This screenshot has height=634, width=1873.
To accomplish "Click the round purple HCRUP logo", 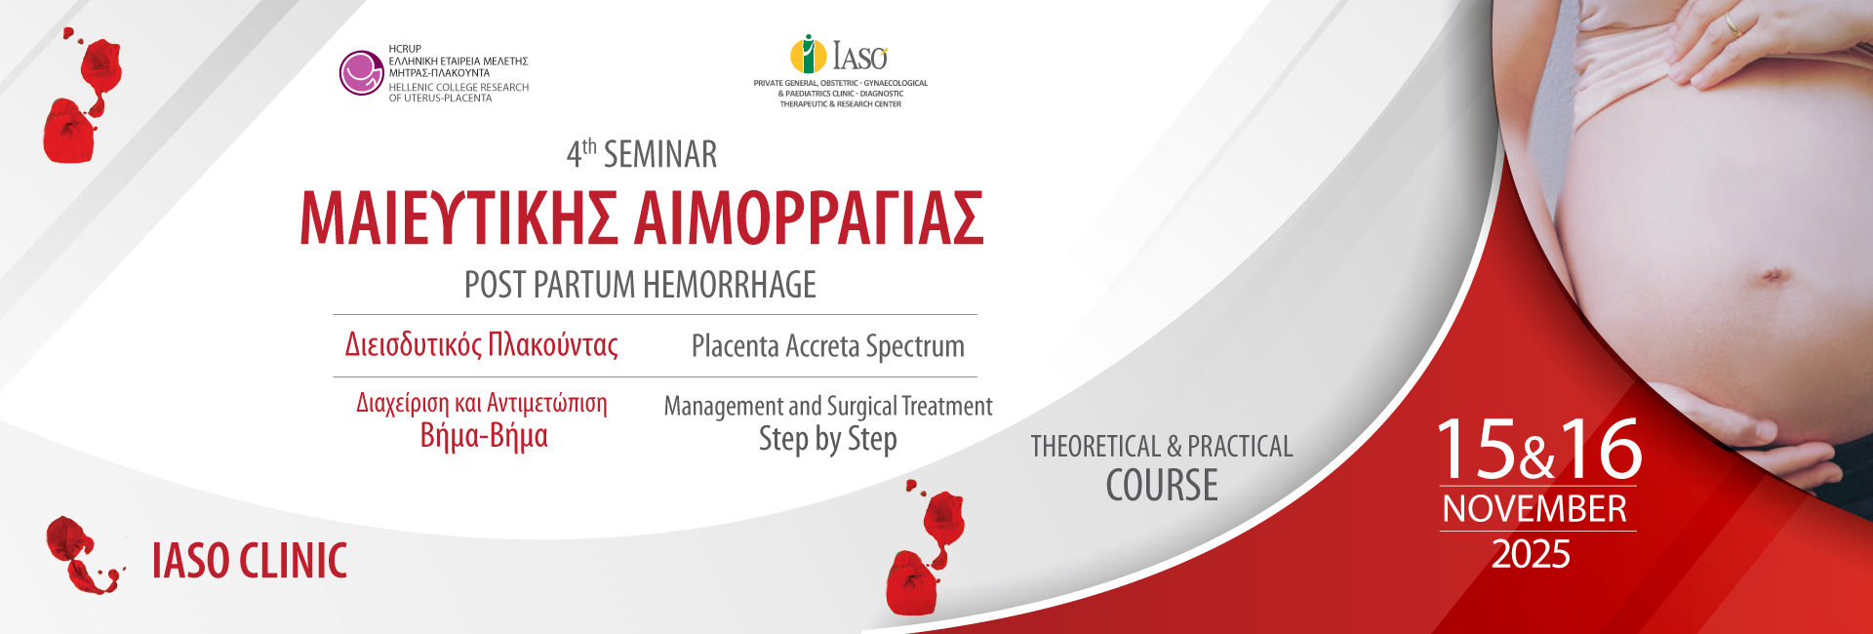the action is click(x=361, y=73).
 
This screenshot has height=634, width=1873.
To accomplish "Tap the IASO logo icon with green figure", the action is click(x=808, y=55).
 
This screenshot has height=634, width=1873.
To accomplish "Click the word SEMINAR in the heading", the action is click(x=660, y=154).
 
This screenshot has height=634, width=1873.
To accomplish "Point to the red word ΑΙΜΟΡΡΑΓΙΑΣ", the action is click(x=810, y=218).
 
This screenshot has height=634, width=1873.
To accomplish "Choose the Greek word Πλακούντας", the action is click(x=553, y=345).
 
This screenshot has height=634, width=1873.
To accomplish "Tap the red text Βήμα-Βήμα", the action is click(x=484, y=435).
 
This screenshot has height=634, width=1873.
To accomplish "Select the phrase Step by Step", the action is click(x=828, y=439).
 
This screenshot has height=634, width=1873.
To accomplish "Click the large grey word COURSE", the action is click(x=1162, y=485).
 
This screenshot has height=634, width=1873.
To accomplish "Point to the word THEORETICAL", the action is click(x=1096, y=446).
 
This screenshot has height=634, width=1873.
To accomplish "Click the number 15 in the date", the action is click(x=1475, y=449).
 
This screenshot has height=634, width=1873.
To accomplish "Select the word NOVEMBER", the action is click(x=1534, y=509).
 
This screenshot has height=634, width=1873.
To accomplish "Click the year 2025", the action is click(x=1531, y=554).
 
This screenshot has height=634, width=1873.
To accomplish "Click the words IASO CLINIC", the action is click(x=250, y=561).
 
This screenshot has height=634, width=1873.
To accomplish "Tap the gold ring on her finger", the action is click(x=1733, y=22).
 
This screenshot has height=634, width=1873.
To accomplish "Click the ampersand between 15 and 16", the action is click(x=1537, y=457).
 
